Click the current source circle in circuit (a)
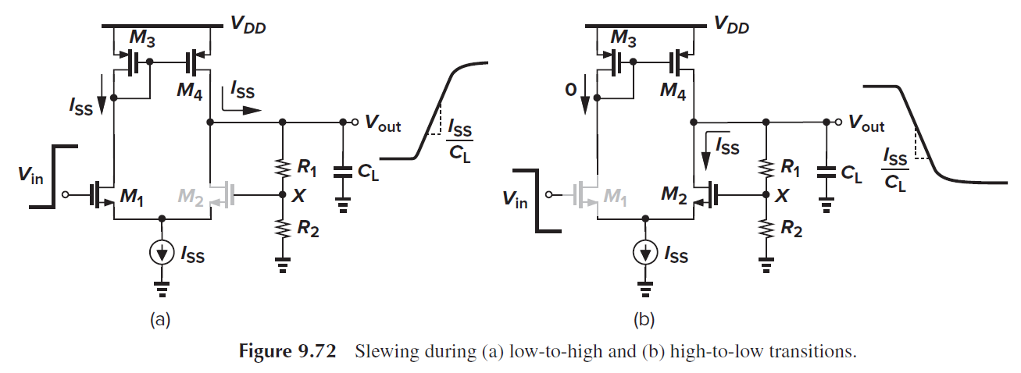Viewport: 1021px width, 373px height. pos(162,253)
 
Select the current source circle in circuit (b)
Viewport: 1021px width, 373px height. pos(645,253)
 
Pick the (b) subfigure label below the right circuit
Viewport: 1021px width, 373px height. pos(645,319)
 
